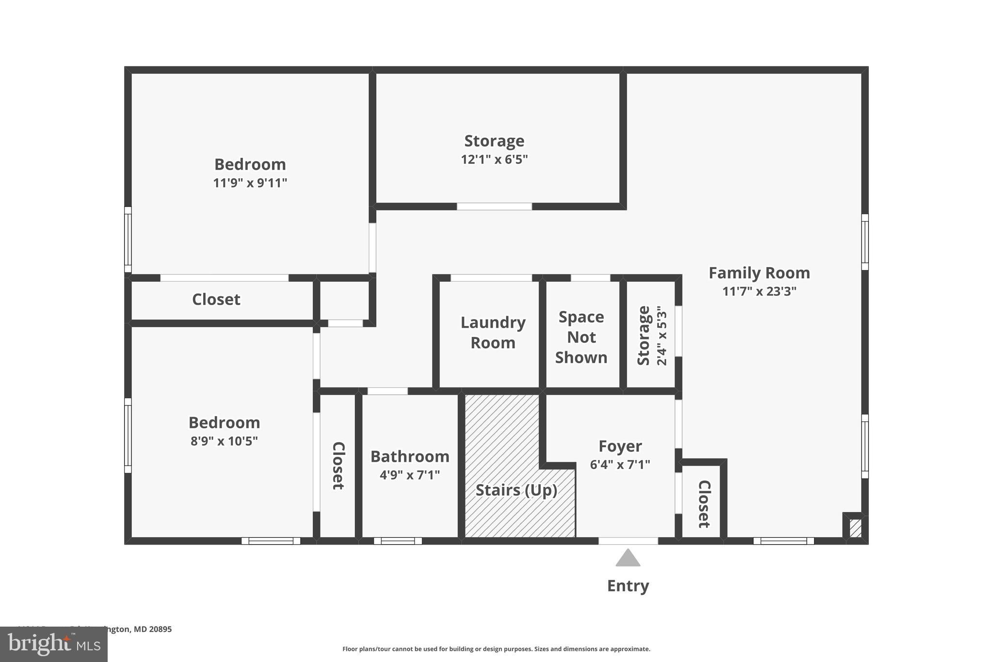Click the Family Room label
(x=759, y=273)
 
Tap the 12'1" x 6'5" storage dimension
(x=494, y=160)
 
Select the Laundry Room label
(x=493, y=333)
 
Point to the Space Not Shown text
(x=581, y=337)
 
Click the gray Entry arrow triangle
(x=628, y=559)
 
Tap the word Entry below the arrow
(x=628, y=586)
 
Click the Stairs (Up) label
(x=516, y=490)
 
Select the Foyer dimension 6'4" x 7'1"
(x=620, y=465)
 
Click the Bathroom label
(x=410, y=456)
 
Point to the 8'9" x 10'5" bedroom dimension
(x=224, y=441)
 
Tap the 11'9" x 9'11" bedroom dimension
(x=250, y=183)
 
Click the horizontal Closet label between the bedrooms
(x=216, y=300)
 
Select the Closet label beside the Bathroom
(x=338, y=466)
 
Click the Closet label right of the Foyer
(x=704, y=504)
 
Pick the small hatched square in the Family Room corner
(x=855, y=528)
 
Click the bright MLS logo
(x=54, y=644)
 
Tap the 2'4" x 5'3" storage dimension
(x=662, y=336)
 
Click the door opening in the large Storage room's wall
(x=494, y=207)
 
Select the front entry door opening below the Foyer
(x=628, y=541)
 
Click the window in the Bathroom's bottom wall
(x=398, y=541)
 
